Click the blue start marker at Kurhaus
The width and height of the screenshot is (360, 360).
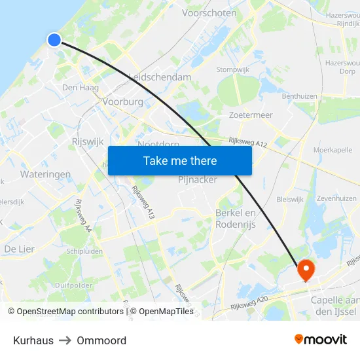coord(54,40)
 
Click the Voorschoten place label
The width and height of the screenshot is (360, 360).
coord(209,13)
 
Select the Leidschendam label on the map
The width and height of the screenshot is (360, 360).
coord(160,77)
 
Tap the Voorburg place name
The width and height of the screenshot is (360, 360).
coord(122,102)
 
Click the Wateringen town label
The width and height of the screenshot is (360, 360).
coord(45,175)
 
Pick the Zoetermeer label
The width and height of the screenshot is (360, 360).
coord(251,115)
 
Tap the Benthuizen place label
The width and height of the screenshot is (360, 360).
coord(300,96)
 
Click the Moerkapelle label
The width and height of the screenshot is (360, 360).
coord(333,150)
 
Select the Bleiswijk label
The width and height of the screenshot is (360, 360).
coord(291,198)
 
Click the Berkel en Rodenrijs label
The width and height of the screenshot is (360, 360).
coord(236,219)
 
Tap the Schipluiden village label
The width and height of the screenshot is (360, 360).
coord(85,251)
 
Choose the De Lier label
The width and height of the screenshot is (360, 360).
coord(19,249)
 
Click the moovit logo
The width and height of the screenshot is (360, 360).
coord(321,339)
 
